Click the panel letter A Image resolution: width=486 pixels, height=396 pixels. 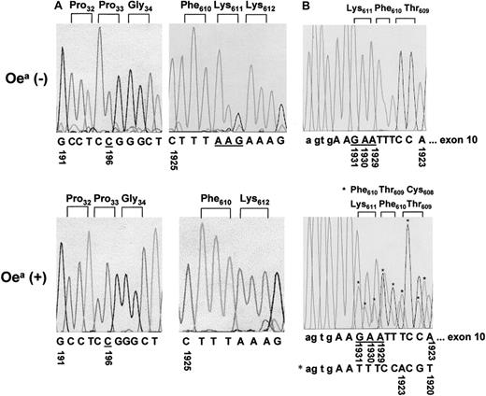59,7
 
